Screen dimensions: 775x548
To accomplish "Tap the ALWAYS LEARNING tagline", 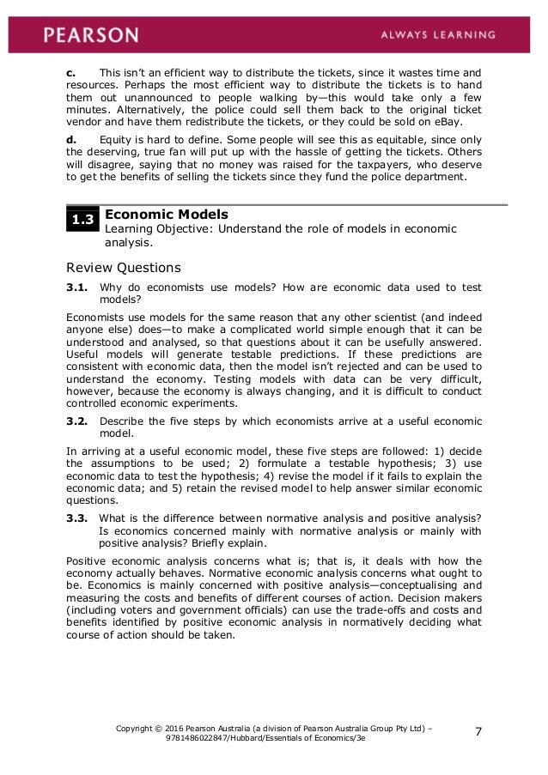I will pyautogui.click(x=440, y=35).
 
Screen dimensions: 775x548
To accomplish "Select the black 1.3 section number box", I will pyautogui.click(x=82, y=221).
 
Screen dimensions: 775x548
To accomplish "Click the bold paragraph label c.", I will pyautogui.click(x=70, y=73).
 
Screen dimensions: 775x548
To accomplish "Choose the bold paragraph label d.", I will pyautogui.click(x=70, y=138).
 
